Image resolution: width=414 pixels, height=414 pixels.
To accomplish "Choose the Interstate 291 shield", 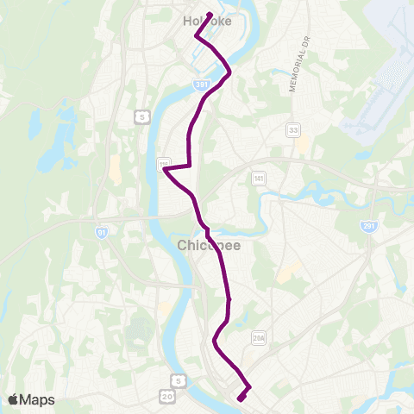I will tap(368, 224).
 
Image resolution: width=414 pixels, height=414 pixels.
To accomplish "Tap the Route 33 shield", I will tap(293, 129).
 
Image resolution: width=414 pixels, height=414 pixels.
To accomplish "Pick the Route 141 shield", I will tap(258, 178).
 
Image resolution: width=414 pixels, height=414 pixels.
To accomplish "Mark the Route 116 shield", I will tap(165, 163).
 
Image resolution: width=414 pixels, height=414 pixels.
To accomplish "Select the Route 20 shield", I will tap(167, 396).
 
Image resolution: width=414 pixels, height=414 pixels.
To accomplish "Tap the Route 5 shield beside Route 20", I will tap(178, 379).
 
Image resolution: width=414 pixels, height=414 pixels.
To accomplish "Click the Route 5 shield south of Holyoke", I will tap(140, 116).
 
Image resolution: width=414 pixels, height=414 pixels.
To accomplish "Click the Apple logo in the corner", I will tap(13, 399).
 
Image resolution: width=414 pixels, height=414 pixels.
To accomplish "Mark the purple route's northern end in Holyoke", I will tap(210, 14).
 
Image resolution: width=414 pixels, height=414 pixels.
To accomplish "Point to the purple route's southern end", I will tap(239, 398).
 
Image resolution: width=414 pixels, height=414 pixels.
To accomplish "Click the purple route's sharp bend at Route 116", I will tap(165, 170).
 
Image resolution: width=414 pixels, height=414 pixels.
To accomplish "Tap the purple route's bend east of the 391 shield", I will tap(229, 74).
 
